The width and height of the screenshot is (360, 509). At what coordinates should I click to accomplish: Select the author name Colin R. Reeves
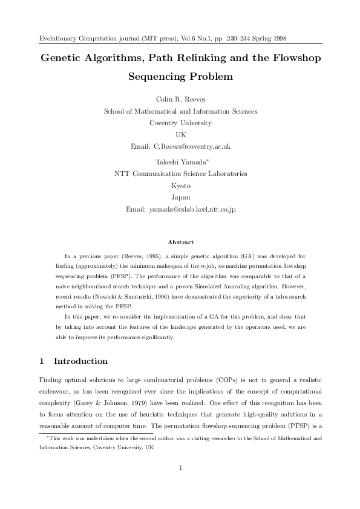180,100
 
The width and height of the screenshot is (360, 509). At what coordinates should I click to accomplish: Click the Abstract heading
180,242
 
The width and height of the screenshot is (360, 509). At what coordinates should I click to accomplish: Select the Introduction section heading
80,361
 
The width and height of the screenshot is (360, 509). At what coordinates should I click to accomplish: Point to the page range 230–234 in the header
225,38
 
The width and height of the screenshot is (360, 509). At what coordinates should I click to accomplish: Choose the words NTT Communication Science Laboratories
181,174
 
